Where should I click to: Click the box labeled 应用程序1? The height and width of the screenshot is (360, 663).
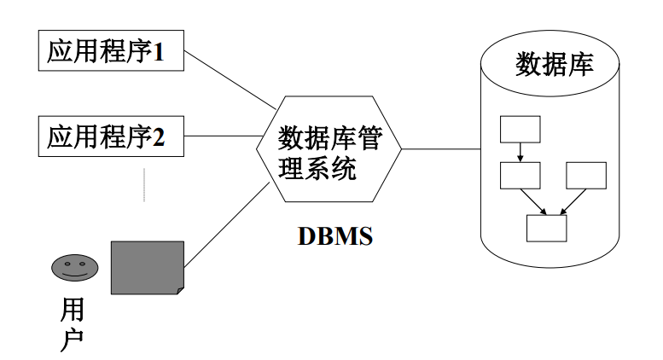(112, 53)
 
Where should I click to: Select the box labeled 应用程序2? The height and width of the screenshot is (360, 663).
(112, 136)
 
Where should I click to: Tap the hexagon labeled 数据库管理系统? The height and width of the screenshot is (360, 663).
(329, 149)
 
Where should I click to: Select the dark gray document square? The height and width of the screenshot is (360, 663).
(147, 268)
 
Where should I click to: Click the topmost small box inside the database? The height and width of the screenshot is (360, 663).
(520, 128)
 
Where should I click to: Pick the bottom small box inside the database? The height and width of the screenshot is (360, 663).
(547, 229)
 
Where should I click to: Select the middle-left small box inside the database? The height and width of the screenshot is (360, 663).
(520, 175)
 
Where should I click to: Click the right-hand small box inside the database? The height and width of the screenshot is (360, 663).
(586, 175)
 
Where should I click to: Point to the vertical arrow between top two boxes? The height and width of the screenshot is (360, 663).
(520, 151)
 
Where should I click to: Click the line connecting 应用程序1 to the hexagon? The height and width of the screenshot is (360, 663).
(230, 81)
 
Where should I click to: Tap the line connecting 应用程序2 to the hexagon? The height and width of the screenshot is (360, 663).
(222, 136)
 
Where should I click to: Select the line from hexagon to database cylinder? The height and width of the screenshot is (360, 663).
(439, 149)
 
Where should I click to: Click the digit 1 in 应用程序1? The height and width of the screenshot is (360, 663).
(158, 53)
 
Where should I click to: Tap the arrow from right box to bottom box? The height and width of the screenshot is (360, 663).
(573, 201)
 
